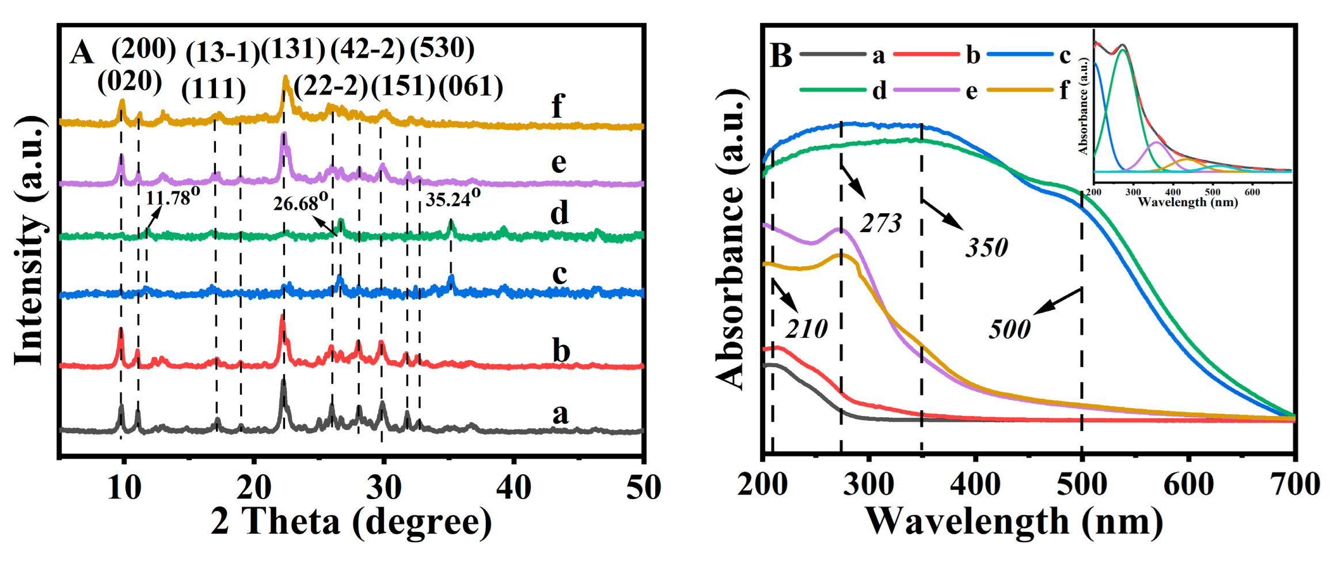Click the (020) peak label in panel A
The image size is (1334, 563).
(x=130, y=82)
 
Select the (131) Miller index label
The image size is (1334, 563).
(x=294, y=49)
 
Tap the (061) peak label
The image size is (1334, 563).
(x=471, y=87)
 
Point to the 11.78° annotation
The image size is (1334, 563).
(x=172, y=198)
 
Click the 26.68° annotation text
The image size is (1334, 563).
(x=301, y=202)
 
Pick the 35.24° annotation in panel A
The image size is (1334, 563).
(x=453, y=199)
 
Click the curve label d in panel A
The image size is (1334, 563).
(x=559, y=214)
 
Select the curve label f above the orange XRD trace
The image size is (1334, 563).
(x=557, y=106)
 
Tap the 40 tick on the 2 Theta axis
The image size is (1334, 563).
(x=513, y=488)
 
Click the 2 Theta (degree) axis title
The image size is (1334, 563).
(x=351, y=522)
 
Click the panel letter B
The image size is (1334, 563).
(x=781, y=56)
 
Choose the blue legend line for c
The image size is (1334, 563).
(x=1020, y=54)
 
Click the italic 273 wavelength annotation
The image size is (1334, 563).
(x=881, y=224)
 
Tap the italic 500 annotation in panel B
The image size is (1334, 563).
(x=1009, y=330)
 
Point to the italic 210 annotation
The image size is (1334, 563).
(x=807, y=329)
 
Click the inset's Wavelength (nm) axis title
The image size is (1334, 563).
(x=1187, y=202)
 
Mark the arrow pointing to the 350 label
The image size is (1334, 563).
(x=942, y=214)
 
